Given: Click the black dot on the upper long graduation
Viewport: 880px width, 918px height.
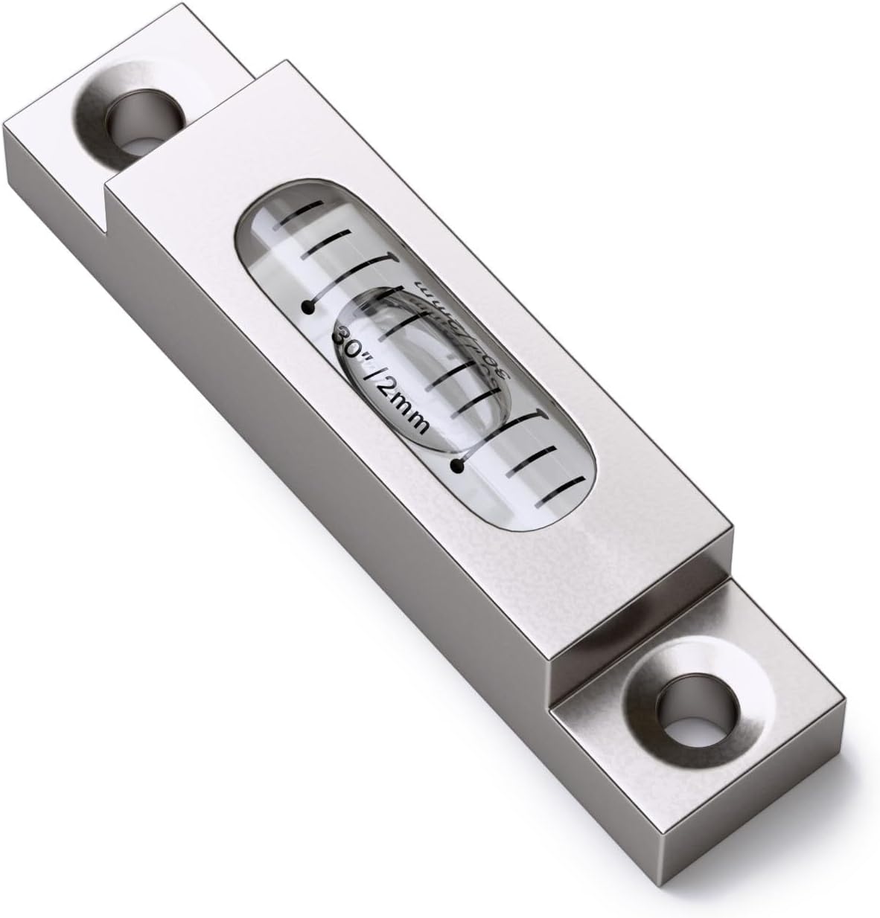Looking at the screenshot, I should click(305, 306).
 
